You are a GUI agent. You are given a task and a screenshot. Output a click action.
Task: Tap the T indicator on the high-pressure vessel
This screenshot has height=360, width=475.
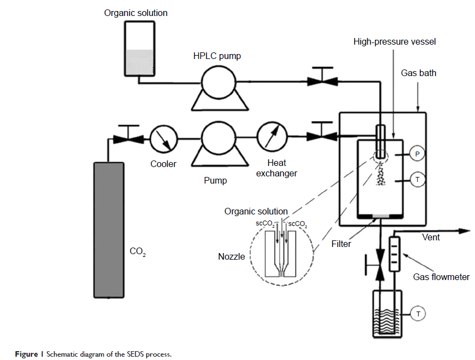pos(418,179)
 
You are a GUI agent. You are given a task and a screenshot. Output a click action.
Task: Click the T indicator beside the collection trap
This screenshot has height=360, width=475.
pos(418,314)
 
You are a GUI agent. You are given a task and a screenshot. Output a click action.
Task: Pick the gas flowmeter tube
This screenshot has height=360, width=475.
pos(394,254)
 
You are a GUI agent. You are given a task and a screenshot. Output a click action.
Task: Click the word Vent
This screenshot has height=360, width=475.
pos(431,237)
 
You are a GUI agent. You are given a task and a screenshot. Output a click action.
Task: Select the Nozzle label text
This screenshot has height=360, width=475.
pos(232,256)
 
